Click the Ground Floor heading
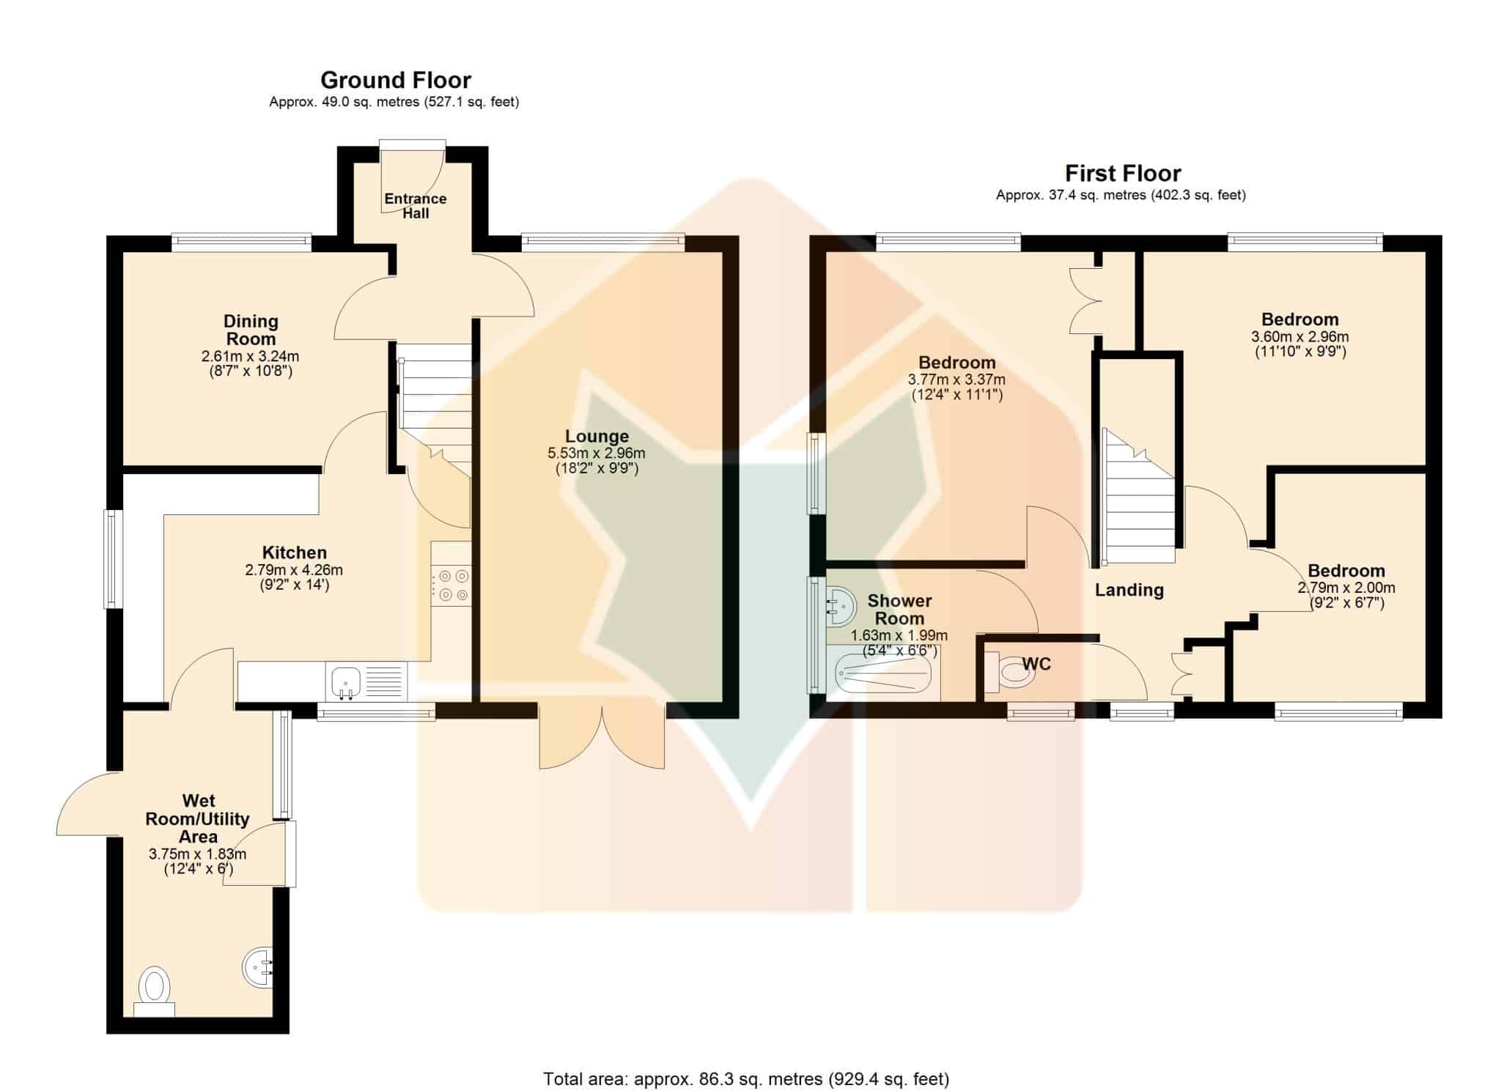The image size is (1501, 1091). point(396,80)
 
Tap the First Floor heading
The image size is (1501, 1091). point(1123,174)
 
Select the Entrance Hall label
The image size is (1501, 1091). point(416,206)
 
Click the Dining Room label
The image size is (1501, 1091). point(251,330)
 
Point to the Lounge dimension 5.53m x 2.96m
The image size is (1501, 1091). point(597,454)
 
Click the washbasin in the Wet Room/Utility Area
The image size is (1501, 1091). point(258,967)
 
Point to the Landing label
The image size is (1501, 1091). point(1129,590)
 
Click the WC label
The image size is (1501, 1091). point(1036,664)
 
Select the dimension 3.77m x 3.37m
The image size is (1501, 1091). point(956,380)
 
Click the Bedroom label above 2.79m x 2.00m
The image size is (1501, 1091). point(1346,571)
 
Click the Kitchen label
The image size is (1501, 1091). point(295,552)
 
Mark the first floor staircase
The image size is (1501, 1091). point(1139,497)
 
